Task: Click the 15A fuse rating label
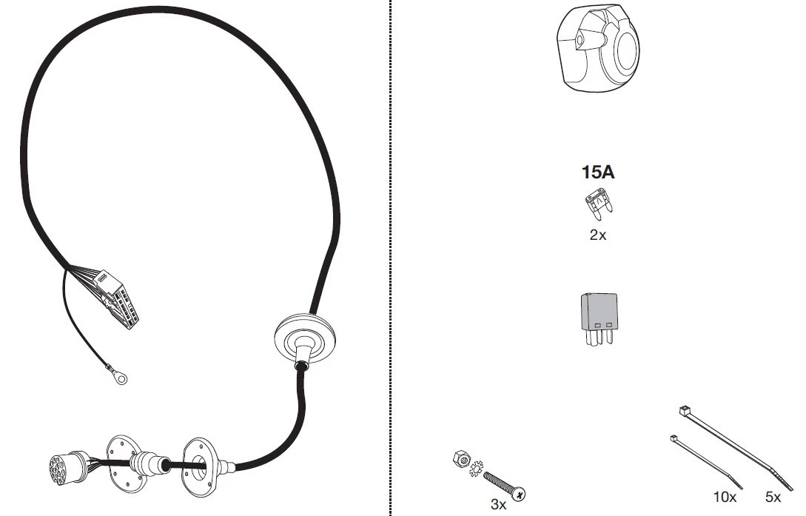click(x=598, y=172)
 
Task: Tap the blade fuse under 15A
click(x=599, y=204)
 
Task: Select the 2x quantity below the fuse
click(x=598, y=235)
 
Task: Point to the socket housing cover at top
click(x=598, y=48)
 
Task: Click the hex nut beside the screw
click(x=462, y=458)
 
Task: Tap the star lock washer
click(x=476, y=468)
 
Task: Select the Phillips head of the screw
click(x=518, y=495)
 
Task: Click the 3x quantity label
click(x=498, y=505)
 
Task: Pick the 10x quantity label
click(x=725, y=497)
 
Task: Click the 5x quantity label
click(x=773, y=497)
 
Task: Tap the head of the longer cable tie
click(x=684, y=411)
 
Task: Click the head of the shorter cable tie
click(x=674, y=438)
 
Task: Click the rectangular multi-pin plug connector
click(x=118, y=298)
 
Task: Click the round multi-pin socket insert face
click(x=59, y=469)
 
